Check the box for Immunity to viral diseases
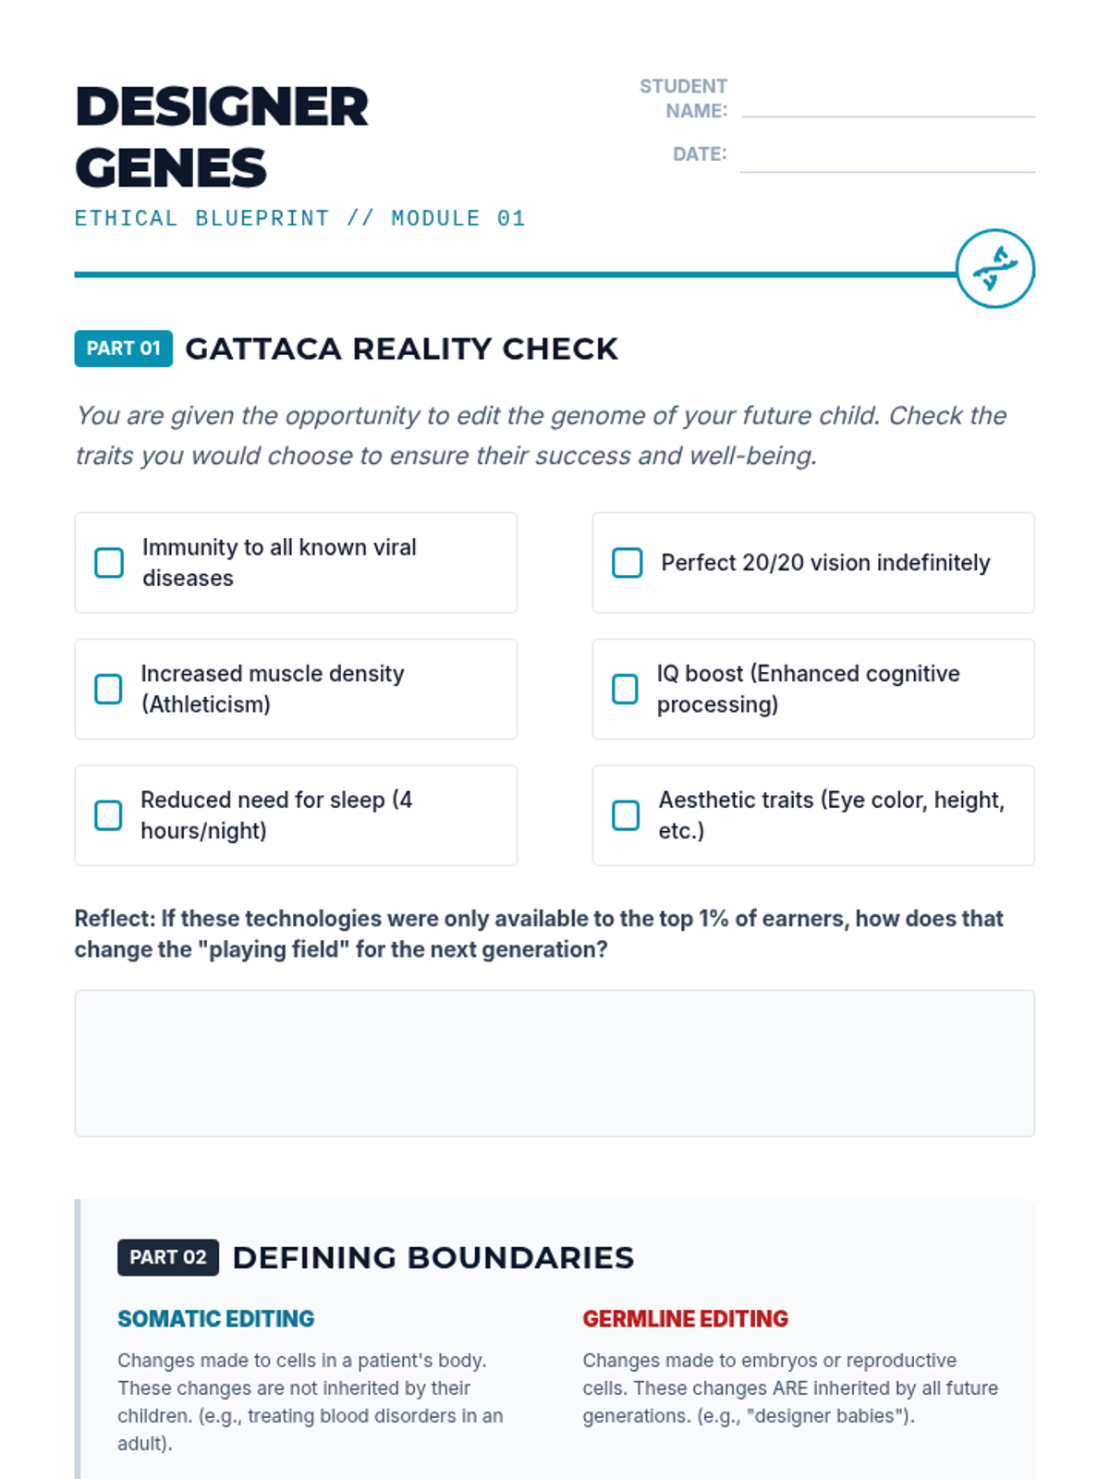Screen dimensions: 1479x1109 point(109,562)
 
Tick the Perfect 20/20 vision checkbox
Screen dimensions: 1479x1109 point(627,562)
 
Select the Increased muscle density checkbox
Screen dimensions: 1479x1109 point(108,689)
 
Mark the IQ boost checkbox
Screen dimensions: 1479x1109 point(625,689)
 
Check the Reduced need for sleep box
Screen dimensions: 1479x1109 point(108,815)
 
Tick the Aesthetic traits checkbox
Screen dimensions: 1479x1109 point(626,815)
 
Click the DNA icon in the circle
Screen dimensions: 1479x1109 point(995,269)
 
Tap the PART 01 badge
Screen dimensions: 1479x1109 point(123,348)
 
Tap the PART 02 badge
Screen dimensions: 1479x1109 point(167,1257)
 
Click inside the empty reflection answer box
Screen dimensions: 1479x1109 point(554,1063)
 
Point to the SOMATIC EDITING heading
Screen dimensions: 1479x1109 point(215,1319)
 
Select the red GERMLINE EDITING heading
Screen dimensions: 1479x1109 point(685,1319)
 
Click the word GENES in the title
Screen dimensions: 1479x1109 point(171,168)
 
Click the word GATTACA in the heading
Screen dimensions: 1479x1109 point(263,349)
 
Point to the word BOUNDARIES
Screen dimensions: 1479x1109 point(520,1258)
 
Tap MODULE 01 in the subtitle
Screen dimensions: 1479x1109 point(457,219)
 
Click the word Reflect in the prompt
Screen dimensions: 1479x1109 point(114,919)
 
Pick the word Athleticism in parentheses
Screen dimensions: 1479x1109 point(206,704)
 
